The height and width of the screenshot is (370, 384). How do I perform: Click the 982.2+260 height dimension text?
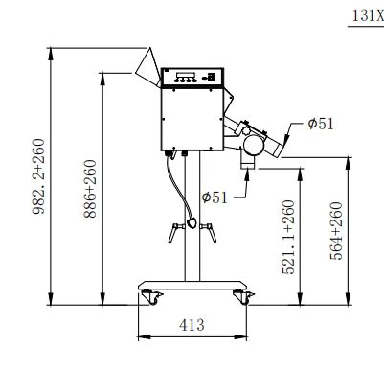coord(38,176)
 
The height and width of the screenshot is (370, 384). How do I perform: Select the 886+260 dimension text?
coord(90,189)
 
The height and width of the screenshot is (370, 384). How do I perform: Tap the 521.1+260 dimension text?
coord(288,237)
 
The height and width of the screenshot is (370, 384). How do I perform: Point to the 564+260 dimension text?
coord(336,231)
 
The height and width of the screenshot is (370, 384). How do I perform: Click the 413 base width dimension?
coord(192,325)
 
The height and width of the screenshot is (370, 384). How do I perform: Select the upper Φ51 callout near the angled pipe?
coord(321,124)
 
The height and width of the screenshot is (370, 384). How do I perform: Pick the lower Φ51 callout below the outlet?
coord(215,197)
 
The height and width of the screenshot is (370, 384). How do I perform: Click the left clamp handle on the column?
coord(175,233)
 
